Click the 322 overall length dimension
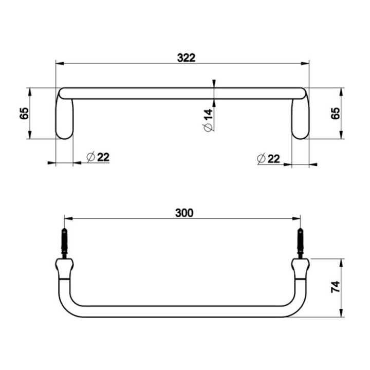point(186,58)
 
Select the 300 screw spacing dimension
point(184,212)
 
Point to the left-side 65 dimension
point(24,114)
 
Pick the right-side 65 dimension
point(336,114)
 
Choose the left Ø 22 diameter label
point(98,157)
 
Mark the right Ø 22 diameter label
point(268,158)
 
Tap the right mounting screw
point(300,244)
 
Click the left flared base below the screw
point(64,267)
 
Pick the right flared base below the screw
point(300,267)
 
